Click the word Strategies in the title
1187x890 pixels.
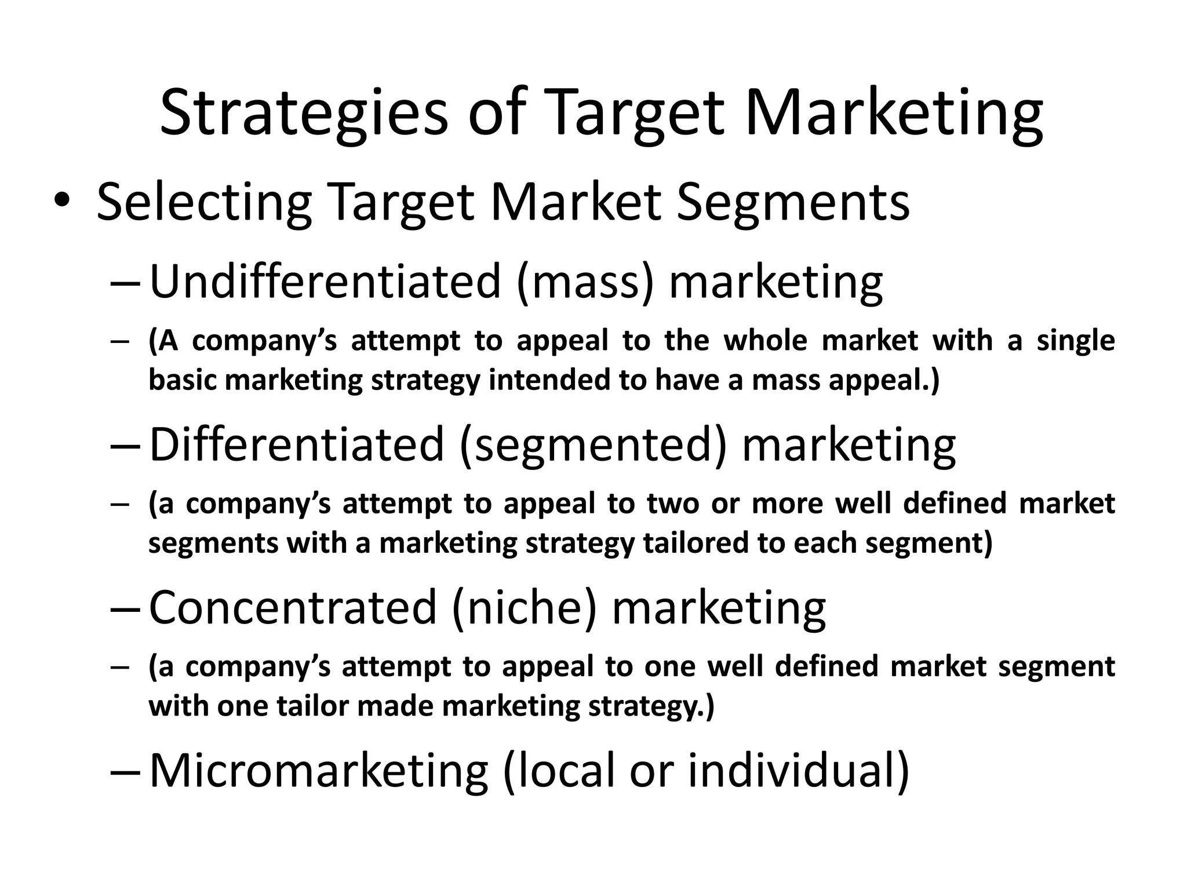pos(304,113)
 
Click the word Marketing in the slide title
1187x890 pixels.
pos(894,113)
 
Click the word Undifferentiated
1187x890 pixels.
pos(325,282)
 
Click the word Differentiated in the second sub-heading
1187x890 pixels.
pos(297,444)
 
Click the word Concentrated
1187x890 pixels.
pos(293,607)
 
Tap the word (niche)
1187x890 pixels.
pos(524,607)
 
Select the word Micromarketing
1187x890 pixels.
pos(319,771)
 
